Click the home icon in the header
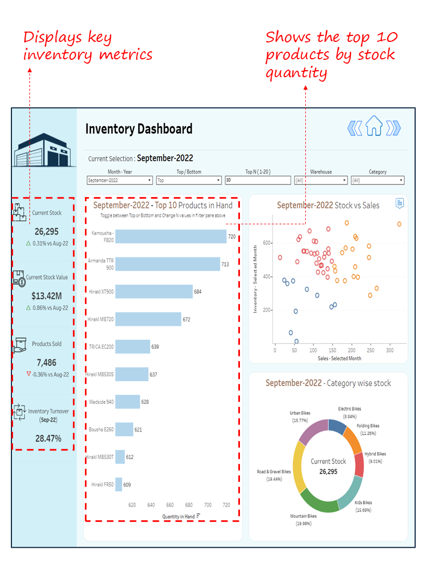click(x=374, y=127)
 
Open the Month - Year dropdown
click(x=119, y=180)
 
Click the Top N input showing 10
click(x=257, y=180)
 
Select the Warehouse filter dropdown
click(x=320, y=180)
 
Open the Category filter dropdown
click(x=378, y=180)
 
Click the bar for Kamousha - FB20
click(x=171, y=237)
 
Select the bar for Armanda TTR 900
click(x=168, y=264)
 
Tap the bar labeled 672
click(x=148, y=319)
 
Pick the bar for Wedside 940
click(x=128, y=402)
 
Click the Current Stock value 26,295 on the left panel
click(x=46, y=232)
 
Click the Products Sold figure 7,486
click(x=46, y=362)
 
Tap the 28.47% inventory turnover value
click(x=48, y=438)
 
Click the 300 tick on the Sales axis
click(x=390, y=351)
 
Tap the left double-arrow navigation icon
click(x=354, y=128)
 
